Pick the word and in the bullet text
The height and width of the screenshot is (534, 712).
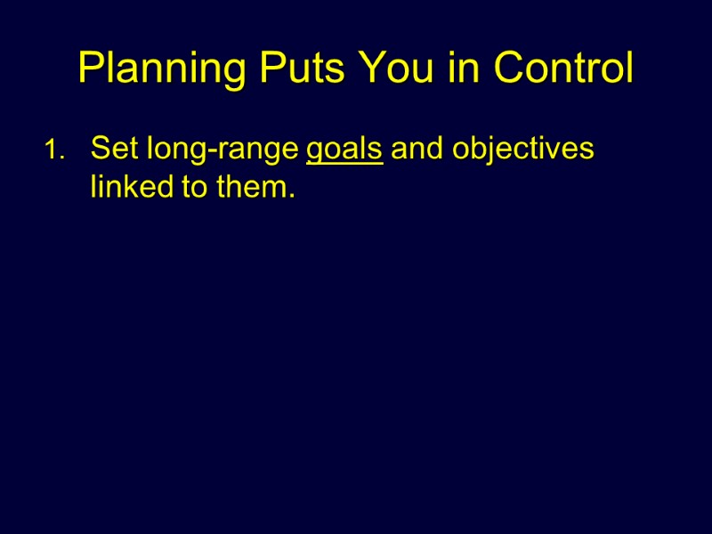coord(417,149)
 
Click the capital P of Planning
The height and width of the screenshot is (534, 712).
coord(90,69)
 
